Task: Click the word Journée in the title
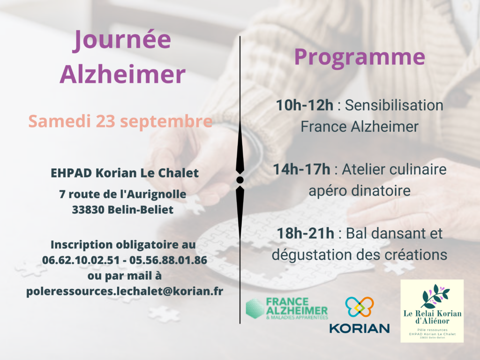122,40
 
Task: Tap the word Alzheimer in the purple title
122,74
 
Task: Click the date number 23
105,121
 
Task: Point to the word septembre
166,122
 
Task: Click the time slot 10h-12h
305,105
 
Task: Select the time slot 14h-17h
301,169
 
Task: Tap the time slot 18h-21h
305,233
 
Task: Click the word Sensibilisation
394,105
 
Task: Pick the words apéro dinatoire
360,191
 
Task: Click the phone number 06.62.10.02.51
81,260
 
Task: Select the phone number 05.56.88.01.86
168,260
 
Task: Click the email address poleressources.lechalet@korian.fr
125,291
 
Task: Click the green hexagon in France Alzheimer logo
255,308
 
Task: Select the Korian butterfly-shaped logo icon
360,307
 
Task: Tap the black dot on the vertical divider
240,180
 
